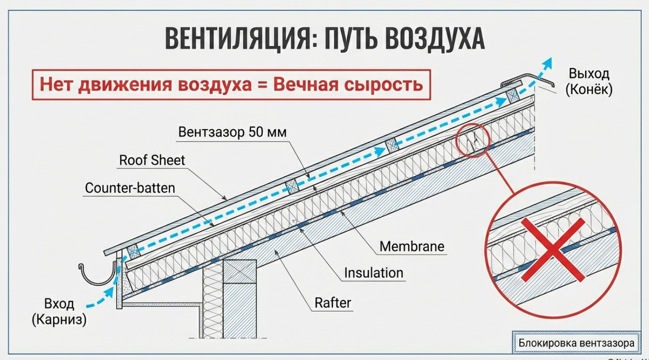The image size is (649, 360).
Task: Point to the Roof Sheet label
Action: click(x=152, y=160)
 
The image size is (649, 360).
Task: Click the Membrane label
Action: click(x=412, y=246)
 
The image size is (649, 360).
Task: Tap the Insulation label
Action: click(x=374, y=272)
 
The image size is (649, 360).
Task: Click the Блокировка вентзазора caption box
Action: click(x=576, y=343)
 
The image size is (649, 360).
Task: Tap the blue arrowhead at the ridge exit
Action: click(x=549, y=62)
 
